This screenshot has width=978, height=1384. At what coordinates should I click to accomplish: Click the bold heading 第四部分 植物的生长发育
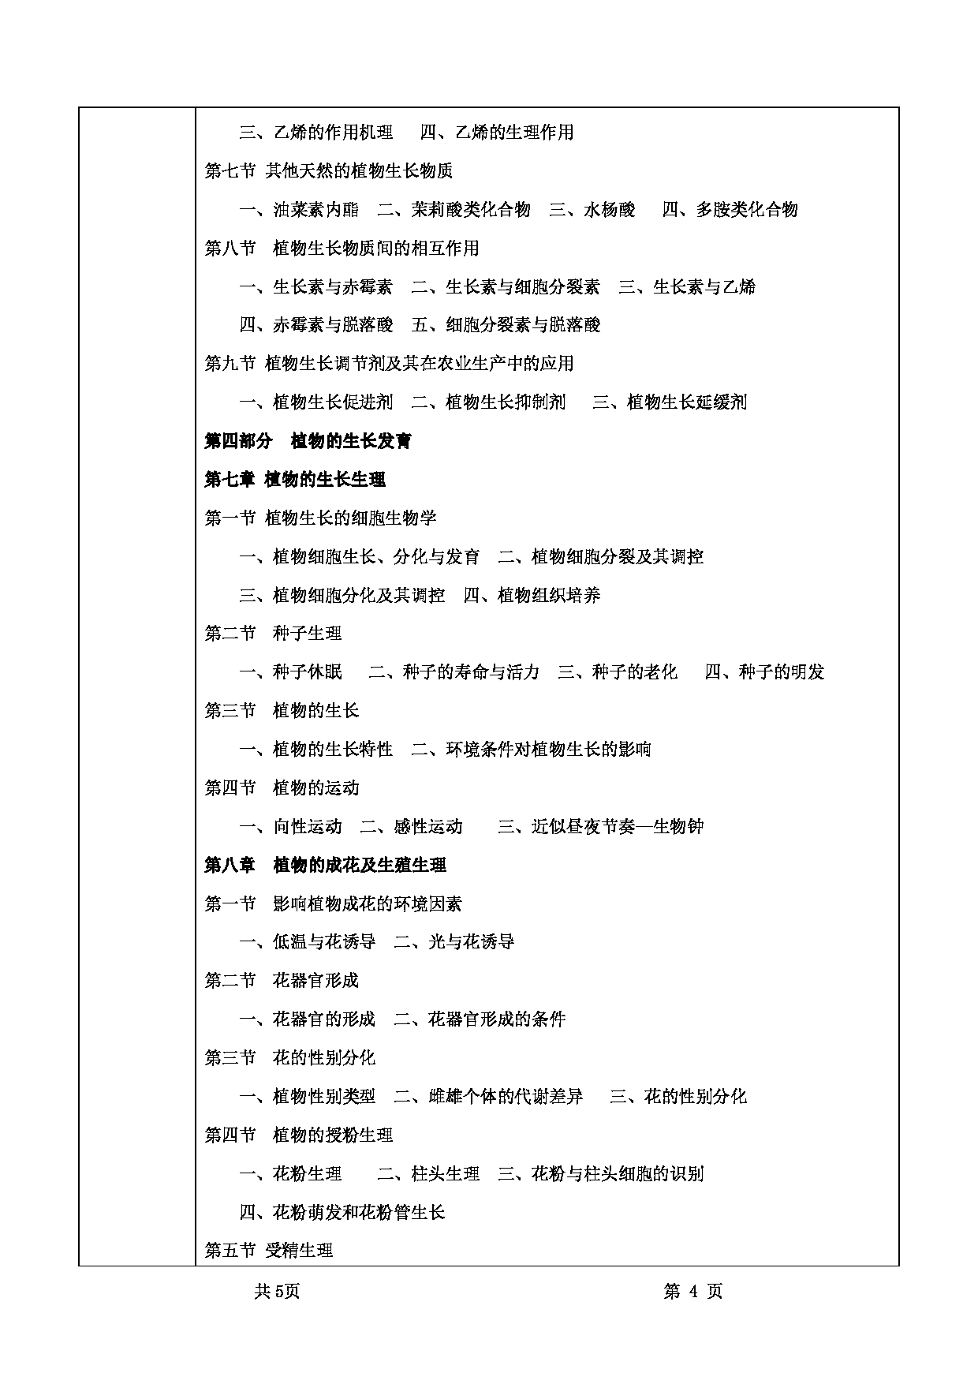click(308, 441)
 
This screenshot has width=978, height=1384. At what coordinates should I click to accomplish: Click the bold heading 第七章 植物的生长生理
click(295, 479)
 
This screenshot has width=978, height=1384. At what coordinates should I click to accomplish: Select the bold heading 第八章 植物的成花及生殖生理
click(325, 865)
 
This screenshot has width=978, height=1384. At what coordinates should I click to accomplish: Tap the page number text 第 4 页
click(693, 1291)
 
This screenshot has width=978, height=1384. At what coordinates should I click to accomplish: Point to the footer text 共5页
click(278, 1291)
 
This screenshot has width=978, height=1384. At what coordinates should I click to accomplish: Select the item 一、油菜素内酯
click(299, 209)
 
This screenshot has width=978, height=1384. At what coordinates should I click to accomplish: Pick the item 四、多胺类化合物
click(730, 209)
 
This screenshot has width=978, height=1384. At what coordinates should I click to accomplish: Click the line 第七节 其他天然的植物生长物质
click(328, 170)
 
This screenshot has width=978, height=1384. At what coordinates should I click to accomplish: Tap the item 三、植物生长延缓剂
click(669, 402)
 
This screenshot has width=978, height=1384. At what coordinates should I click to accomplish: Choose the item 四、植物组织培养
click(532, 595)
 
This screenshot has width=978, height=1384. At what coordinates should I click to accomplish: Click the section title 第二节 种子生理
click(273, 633)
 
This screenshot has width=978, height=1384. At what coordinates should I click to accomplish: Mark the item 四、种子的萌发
click(764, 671)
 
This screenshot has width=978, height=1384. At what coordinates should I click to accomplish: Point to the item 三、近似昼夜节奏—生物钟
click(600, 826)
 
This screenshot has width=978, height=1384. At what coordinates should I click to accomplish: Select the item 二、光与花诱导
click(454, 941)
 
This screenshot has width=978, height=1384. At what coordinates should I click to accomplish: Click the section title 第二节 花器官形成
click(282, 980)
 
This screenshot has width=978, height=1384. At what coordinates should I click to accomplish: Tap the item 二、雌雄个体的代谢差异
click(489, 1096)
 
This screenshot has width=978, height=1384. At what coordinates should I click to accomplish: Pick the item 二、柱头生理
click(428, 1173)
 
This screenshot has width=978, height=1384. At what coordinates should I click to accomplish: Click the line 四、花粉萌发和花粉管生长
click(342, 1212)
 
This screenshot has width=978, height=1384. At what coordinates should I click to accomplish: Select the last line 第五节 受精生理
click(268, 1251)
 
